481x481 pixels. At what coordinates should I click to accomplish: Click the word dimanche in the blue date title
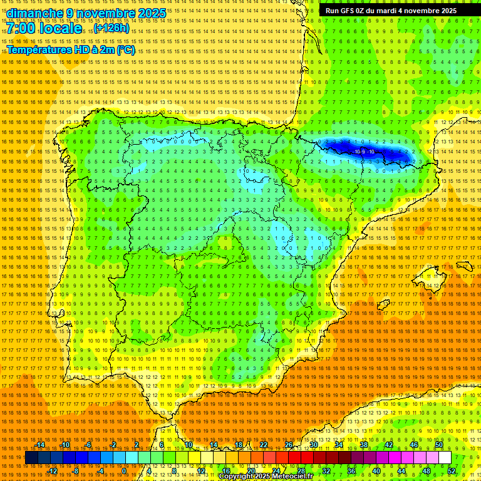pos(35,13)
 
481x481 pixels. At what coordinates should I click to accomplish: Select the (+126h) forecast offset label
pos(112,29)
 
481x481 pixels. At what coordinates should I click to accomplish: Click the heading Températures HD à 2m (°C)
pos(70,49)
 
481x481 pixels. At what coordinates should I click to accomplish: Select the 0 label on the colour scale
pos(124,471)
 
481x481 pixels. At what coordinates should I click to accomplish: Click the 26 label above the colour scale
pos(289,445)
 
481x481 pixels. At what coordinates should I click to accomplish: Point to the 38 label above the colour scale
pos(364,445)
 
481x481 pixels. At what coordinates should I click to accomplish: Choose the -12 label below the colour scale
pos(53,471)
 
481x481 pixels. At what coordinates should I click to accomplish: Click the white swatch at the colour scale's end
pos(445,458)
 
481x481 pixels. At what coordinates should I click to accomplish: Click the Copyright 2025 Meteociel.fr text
pos(266,477)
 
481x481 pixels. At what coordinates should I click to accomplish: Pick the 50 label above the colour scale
pos(439,445)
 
